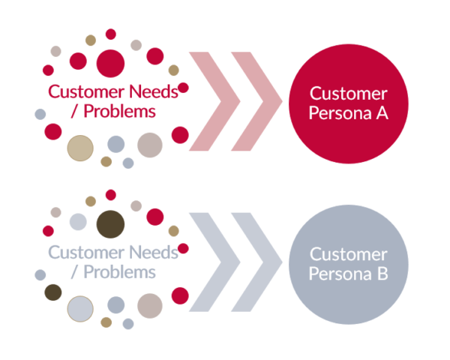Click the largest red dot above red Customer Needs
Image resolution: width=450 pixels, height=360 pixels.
[x=110, y=64]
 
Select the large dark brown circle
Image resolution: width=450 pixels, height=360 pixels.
[x=110, y=224]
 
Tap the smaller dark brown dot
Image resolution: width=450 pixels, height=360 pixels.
[x=53, y=292]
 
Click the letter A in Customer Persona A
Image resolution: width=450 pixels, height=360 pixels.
[x=382, y=113]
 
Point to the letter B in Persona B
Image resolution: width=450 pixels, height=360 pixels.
[x=382, y=274]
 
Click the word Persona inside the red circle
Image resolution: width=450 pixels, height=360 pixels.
[x=340, y=113]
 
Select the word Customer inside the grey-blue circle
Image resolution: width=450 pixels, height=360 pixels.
[x=349, y=254]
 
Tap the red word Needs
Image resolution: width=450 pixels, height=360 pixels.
[x=154, y=91]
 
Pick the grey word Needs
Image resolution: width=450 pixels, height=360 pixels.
[x=154, y=252]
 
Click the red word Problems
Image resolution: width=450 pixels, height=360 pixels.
[x=119, y=111]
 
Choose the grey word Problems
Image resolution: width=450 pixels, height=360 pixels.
[x=119, y=271]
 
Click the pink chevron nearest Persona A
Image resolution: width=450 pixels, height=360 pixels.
[x=256, y=101]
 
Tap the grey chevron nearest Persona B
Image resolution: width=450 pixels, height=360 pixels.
[x=256, y=262]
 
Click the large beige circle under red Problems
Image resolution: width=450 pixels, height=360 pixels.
[x=80, y=148]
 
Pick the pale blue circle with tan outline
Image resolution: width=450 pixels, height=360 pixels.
[x=80, y=309]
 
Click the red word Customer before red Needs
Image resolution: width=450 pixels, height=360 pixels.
[x=86, y=91]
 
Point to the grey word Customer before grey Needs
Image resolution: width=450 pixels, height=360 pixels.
[x=86, y=252]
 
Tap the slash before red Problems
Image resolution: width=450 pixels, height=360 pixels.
[x=74, y=111]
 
